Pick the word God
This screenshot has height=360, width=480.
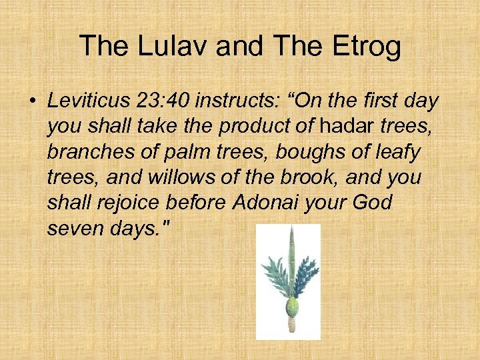pyautogui.click(x=374, y=203)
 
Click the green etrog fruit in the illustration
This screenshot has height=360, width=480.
pyautogui.click(x=291, y=306)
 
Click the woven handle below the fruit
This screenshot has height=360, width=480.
pyautogui.click(x=291, y=325)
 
